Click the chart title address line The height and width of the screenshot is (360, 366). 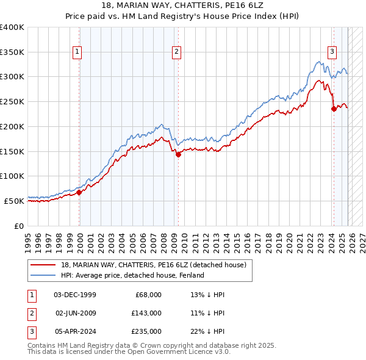coord(183,7)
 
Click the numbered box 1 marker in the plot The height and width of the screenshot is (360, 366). coord(78,52)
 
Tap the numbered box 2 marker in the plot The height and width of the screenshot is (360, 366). coord(176,52)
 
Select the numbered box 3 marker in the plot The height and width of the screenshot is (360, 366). coord(332,52)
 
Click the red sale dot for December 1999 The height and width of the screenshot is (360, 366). coord(79,192)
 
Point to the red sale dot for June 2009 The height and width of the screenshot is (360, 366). coord(178,155)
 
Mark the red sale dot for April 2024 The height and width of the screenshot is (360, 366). coord(334,109)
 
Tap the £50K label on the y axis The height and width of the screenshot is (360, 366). coord(15,201)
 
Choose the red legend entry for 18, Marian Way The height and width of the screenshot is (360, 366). coord(153,265)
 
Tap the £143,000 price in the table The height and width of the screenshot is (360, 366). coord(146,313)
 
